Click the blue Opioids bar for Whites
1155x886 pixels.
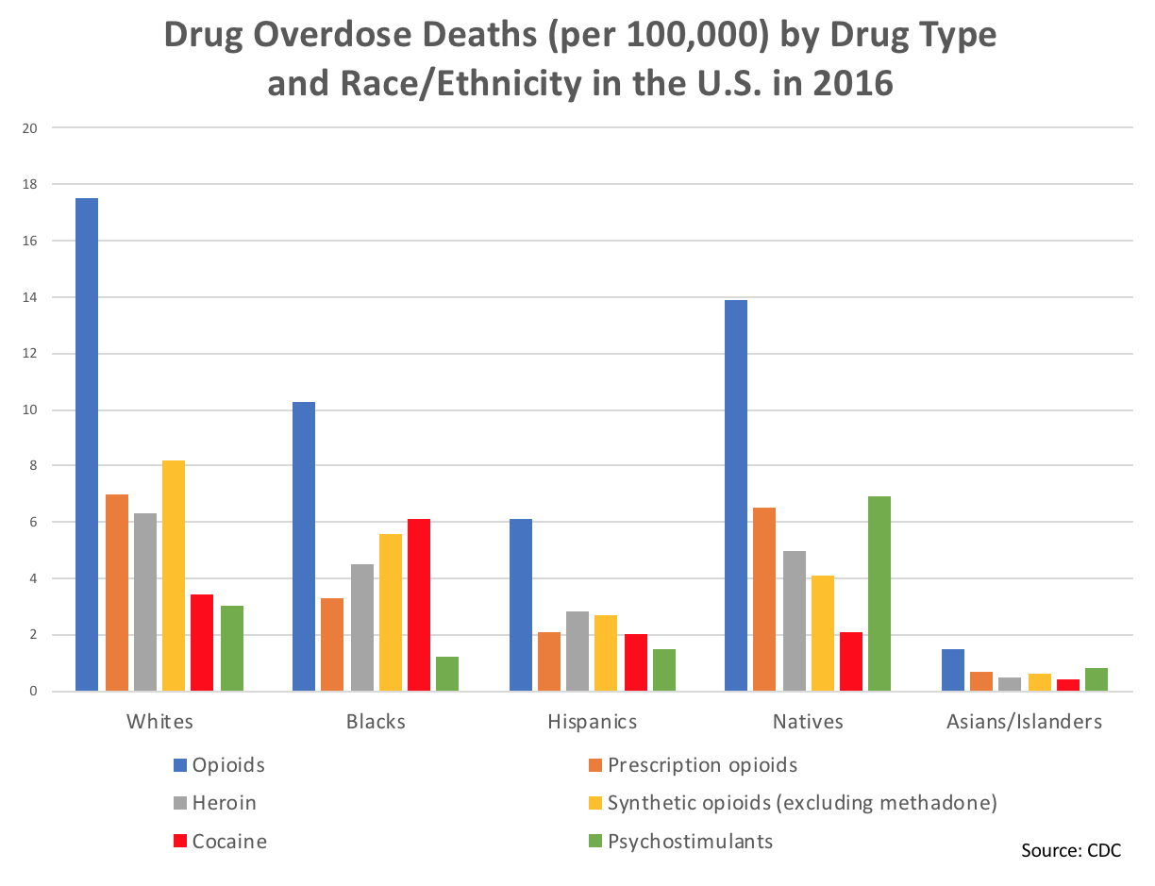[88, 444]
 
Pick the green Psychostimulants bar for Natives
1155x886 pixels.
[879, 593]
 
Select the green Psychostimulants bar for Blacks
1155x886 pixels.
[446, 674]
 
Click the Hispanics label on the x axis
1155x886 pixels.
[592, 722]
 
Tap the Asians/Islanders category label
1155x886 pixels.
[1024, 722]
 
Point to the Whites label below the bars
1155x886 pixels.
[159, 722]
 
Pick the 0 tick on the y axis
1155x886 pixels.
[33, 692]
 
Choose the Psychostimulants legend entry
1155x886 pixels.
[679, 841]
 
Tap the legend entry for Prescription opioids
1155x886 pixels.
[693, 764]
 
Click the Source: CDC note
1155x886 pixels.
[1071, 850]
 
